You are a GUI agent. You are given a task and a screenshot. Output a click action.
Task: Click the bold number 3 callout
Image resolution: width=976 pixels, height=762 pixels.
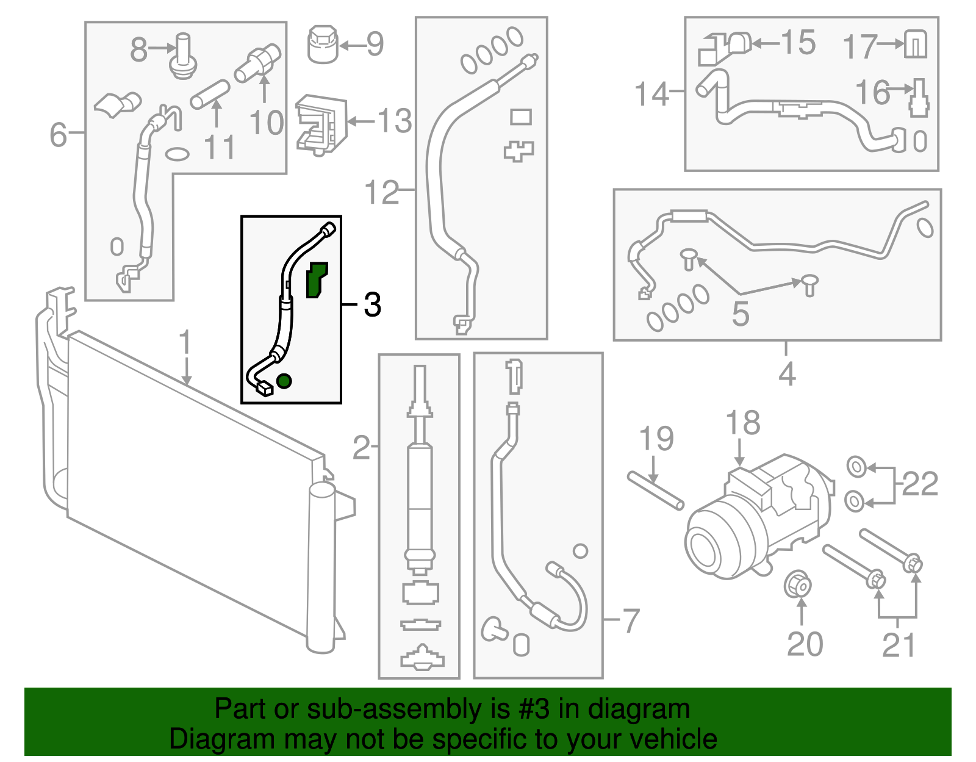tap(372, 304)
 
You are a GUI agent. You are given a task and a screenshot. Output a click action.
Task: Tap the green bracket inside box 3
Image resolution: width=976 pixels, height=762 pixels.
tap(316, 280)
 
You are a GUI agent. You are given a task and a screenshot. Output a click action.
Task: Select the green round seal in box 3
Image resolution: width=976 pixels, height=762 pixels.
tap(284, 381)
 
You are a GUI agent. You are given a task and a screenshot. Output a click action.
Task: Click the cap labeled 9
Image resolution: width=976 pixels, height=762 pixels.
tap(323, 44)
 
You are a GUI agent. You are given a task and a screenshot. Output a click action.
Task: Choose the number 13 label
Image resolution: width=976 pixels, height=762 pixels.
tap(395, 121)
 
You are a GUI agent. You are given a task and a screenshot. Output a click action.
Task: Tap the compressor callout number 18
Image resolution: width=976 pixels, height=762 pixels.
tap(742, 423)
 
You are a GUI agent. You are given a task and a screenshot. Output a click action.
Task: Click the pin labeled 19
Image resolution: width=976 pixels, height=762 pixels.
tap(656, 491)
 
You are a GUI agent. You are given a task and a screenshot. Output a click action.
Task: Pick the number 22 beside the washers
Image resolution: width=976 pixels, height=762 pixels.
tap(919, 485)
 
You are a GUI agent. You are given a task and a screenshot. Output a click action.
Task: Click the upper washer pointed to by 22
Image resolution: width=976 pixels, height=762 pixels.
tap(856, 468)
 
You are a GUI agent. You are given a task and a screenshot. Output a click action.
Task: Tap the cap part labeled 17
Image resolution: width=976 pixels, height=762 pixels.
tap(916, 45)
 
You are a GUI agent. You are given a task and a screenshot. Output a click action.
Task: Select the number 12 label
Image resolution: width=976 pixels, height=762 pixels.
tap(381, 193)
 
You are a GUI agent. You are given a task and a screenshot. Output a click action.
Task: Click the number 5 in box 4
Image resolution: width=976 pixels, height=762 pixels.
tap(740, 314)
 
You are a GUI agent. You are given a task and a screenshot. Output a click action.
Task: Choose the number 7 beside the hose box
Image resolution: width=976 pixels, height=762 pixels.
tap(630, 621)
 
